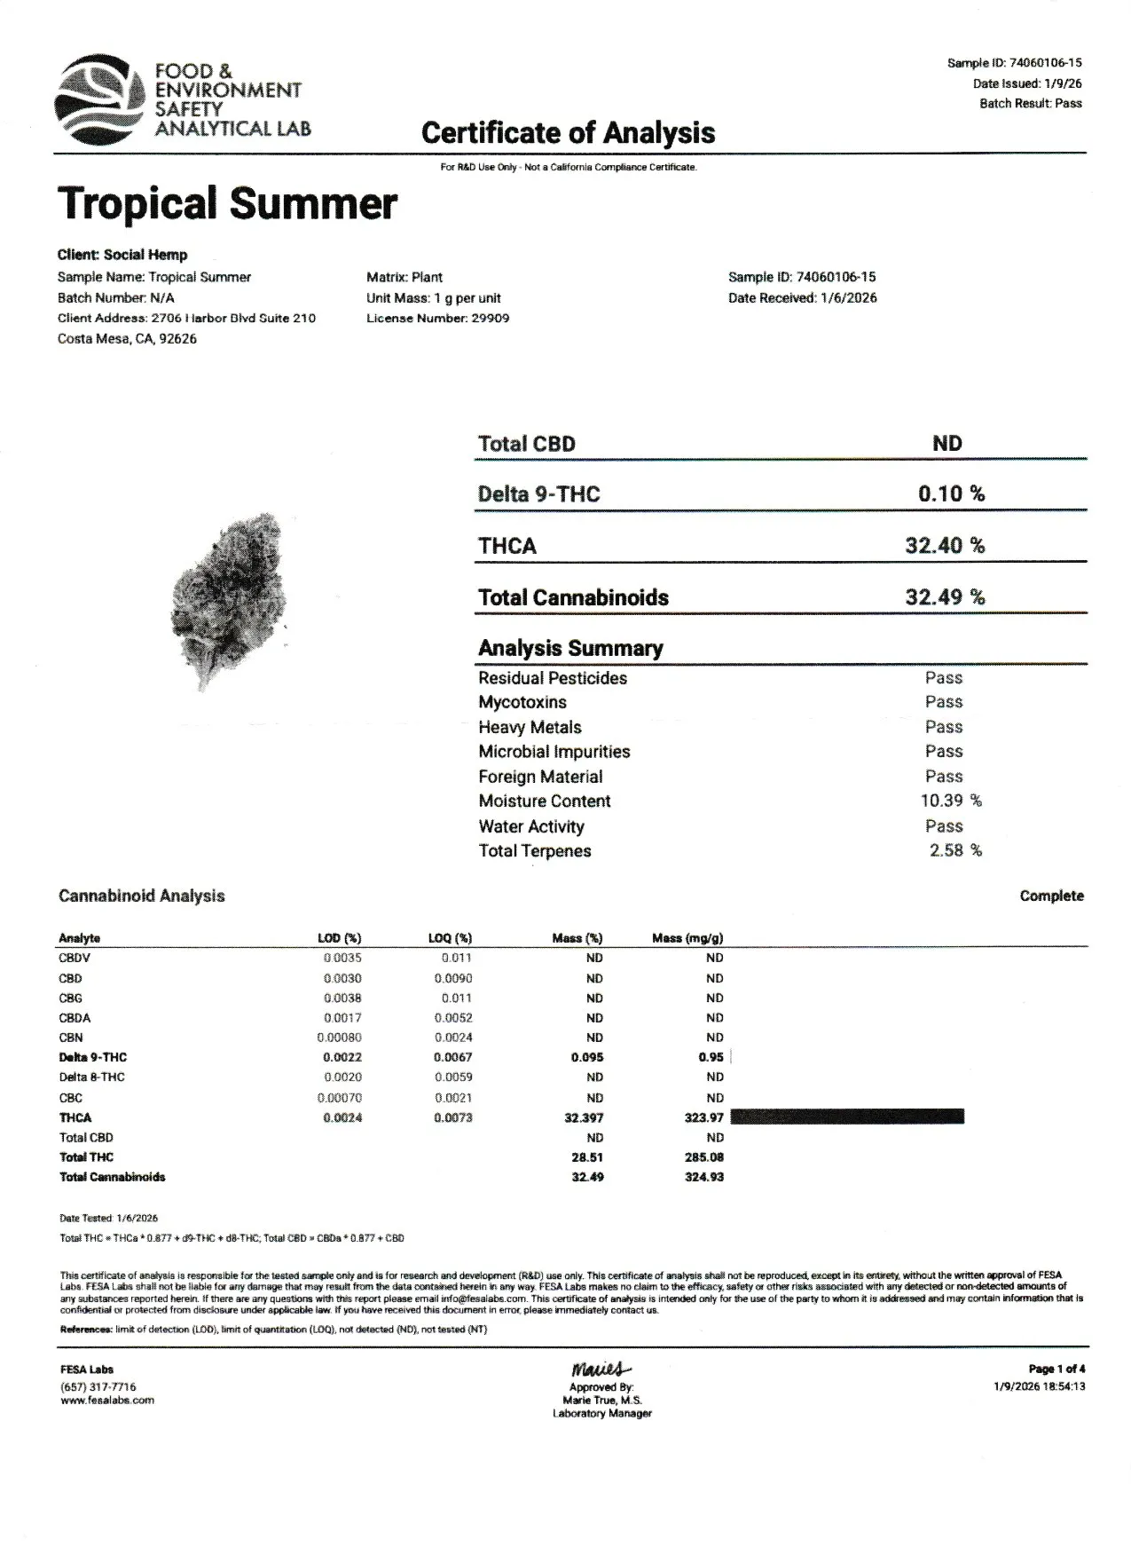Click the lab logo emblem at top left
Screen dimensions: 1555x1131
pos(98,99)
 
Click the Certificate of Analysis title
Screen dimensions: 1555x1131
pos(568,133)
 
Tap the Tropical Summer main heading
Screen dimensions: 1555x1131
pos(227,203)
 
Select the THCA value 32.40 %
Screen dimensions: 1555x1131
pos(945,545)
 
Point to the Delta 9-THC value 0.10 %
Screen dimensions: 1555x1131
pos(951,493)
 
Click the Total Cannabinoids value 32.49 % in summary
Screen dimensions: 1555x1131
pos(945,596)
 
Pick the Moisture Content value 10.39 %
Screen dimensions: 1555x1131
pos(951,801)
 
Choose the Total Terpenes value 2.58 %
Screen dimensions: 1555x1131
pos(955,850)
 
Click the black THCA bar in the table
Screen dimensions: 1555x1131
pos(846,1117)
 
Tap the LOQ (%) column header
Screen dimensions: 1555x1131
pos(450,938)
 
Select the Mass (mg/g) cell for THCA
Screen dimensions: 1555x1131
pos(703,1117)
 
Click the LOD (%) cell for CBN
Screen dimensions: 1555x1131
pos(340,1038)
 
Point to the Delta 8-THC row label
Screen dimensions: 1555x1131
pos(91,1077)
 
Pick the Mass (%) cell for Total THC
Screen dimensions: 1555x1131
pos(587,1157)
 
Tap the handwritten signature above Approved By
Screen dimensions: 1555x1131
pos(601,1369)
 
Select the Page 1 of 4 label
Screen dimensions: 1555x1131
pos(1056,1369)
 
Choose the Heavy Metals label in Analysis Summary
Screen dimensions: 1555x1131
pos(530,727)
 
